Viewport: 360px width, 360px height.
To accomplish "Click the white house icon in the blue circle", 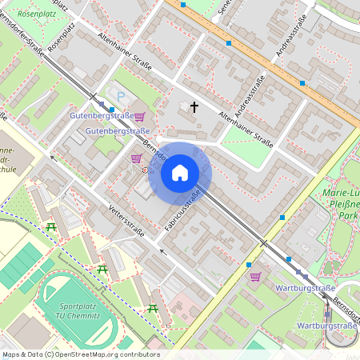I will [x=180, y=173].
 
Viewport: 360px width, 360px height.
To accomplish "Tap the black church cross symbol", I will [x=194, y=106].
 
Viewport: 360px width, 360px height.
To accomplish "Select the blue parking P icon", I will [x=121, y=97].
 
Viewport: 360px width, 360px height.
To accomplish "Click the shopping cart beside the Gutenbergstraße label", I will [x=139, y=117].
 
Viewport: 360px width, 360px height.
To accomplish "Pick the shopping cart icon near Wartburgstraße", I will [x=255, y=277].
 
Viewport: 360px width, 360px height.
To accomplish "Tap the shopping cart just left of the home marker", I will [x=135, y=158].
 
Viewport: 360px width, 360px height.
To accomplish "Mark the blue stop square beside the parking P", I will [x=110, y=109].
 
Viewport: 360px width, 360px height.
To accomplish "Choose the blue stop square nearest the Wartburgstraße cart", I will [x=249, y=264].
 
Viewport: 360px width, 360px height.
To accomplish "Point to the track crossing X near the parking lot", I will [x=94, y=96].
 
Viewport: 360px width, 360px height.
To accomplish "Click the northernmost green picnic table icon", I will [x=52, y=227].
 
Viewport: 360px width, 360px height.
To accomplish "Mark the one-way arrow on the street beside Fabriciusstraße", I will [x=161, y=250].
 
